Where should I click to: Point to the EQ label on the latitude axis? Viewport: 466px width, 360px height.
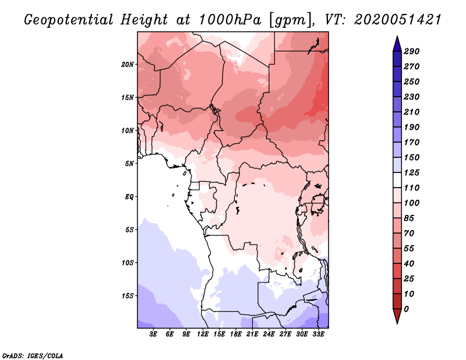[129, 196]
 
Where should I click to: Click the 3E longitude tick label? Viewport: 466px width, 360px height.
[154, 334]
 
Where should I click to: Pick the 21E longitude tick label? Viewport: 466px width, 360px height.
[252, 334]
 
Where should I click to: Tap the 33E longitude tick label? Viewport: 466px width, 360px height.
[318, 334]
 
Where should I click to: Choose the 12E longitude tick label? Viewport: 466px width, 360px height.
[203, 334]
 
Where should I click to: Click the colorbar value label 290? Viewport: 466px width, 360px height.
[411, 51]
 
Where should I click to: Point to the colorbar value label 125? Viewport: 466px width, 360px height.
[411, 172]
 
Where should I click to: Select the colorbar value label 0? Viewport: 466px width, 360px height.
[407, 309]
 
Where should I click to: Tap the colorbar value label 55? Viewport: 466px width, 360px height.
[409, 248]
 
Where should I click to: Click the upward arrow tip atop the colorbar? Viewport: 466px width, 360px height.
[396, 37]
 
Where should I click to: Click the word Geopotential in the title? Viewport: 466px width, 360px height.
[68, 20]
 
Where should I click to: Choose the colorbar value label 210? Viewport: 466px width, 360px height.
[411, 112]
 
